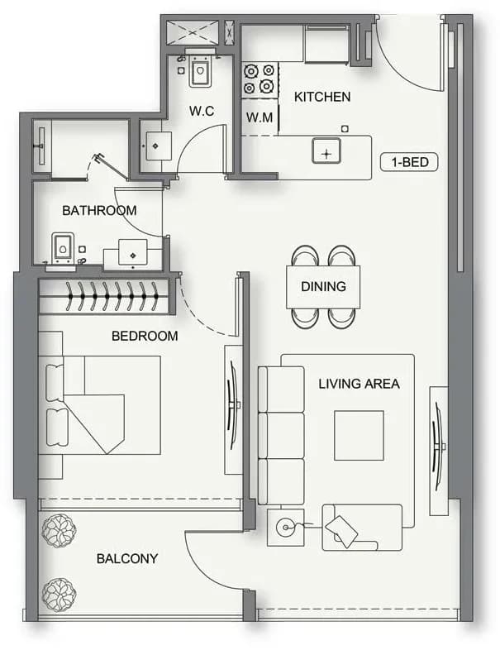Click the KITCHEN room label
322,97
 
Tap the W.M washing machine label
260,117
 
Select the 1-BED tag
409,161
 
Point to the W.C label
202,111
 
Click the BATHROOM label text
99,211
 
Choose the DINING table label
323,286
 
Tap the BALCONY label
127,559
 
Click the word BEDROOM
145,336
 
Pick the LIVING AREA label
360,384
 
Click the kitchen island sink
326,151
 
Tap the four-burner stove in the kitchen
260,79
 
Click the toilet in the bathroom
63,248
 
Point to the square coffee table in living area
359,435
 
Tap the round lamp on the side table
285,528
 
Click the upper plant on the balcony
59,531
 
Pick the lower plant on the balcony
59,595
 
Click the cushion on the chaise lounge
341,531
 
